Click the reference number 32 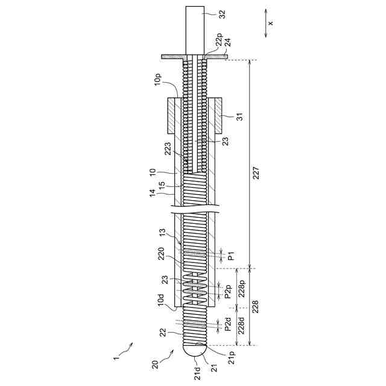222,14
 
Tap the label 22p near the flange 219,40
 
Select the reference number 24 228,42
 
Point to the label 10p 158,79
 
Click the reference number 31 239,116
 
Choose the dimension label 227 256,173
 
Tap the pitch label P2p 228,292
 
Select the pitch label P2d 228,324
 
